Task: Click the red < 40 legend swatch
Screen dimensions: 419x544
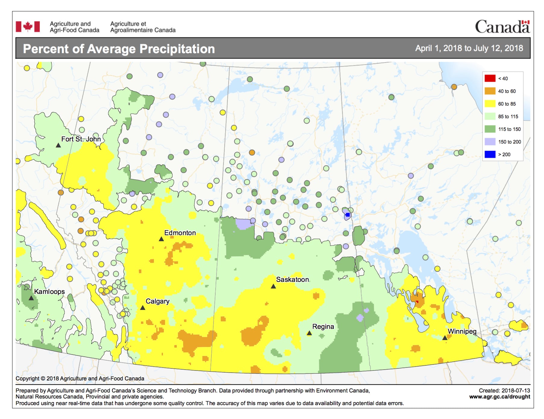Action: click(490, 78)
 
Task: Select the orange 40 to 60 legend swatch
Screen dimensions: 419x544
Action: click(490, 91)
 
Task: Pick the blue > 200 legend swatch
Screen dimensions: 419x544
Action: click(490, 154)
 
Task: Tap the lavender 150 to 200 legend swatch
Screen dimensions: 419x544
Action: click(490, 142)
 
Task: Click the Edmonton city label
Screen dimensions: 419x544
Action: click(180, 233)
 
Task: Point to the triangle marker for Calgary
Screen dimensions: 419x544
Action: click(143, 308)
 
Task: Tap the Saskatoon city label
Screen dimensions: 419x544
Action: click(292, 279)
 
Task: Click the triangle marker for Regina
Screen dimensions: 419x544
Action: click(309, 333)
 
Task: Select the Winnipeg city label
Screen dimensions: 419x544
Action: click(462, 331)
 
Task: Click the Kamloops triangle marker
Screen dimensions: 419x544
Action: click(31, 298)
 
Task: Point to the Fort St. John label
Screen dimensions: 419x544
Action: click(81, 139)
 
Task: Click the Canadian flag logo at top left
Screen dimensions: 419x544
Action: click(28, 27)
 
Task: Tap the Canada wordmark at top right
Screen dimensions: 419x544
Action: click(502, 27)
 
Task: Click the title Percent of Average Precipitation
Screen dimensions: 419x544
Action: click(119, 49)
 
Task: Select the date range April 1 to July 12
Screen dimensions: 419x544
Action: click(469, 48)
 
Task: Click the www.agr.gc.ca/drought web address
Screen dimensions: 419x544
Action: click(499, 397)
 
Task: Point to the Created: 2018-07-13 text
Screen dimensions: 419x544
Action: click(504, 390)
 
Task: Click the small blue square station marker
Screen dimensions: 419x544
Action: click(348, 215)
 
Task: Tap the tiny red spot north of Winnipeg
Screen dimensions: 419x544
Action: click(417, 301)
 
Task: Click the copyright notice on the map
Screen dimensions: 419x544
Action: click(80, 378)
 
